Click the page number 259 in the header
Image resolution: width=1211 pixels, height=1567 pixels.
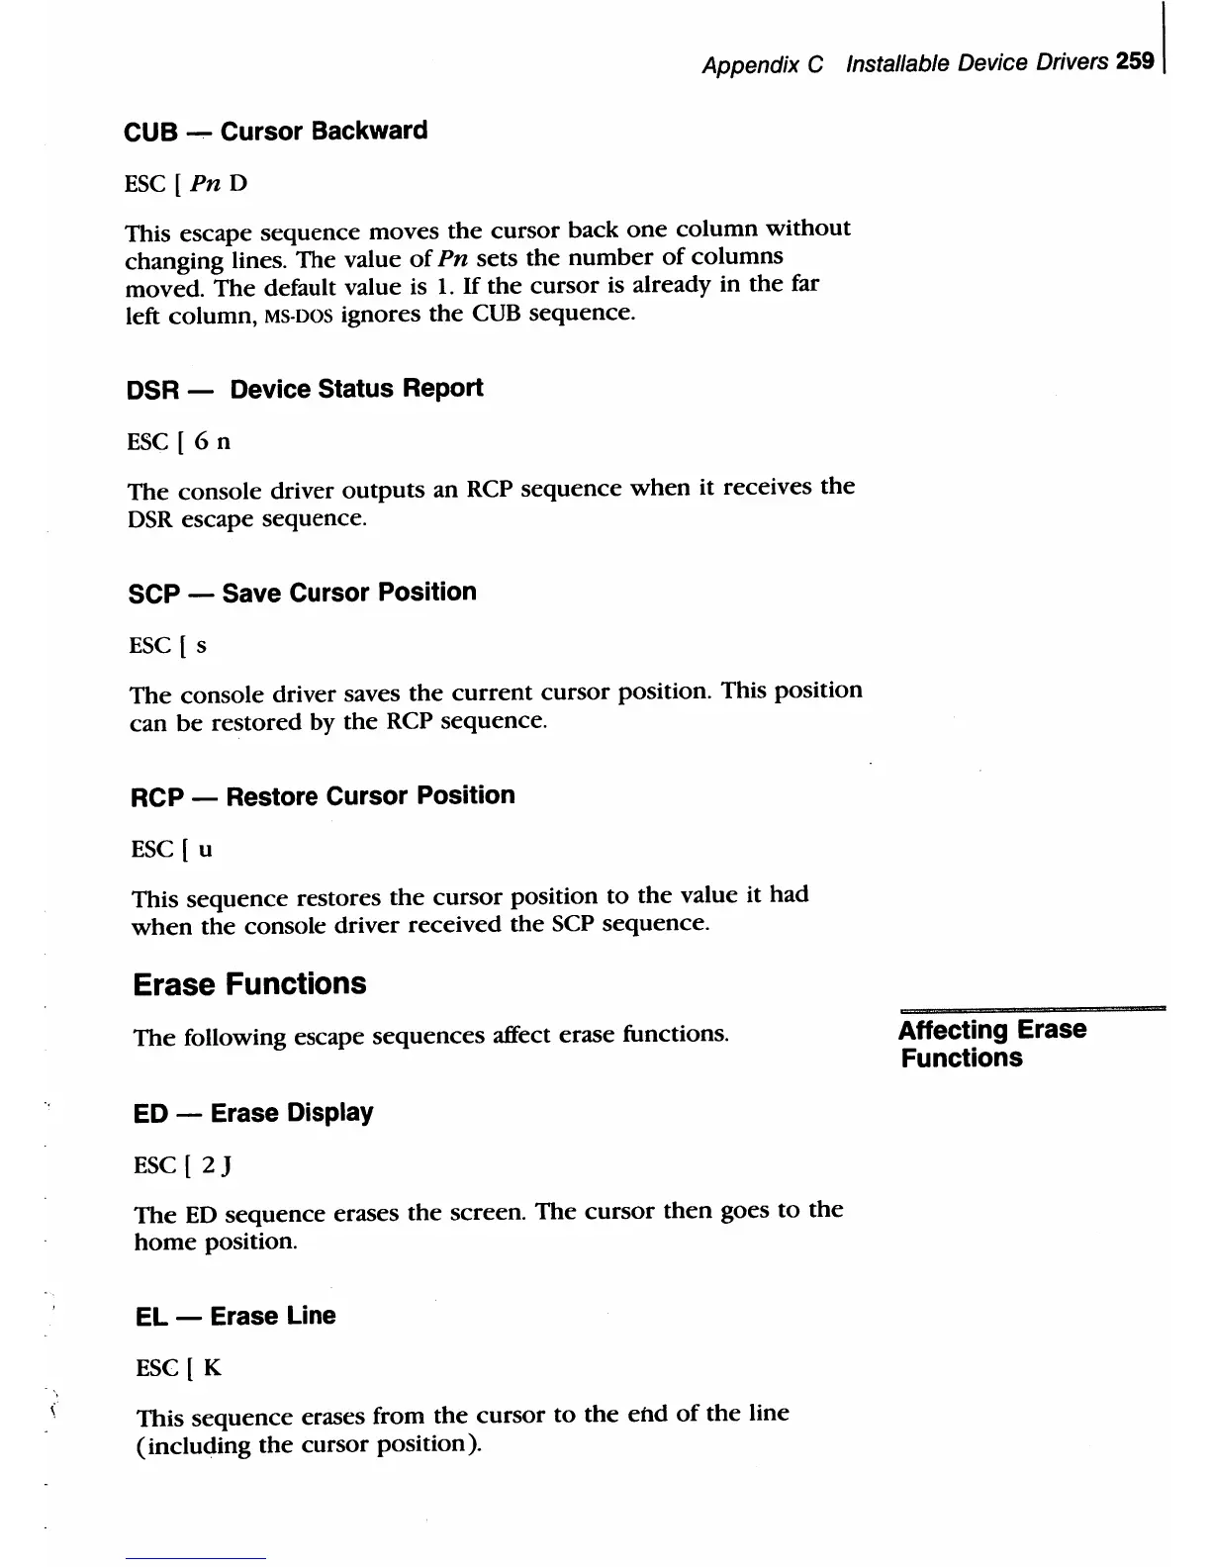click(1135, 61)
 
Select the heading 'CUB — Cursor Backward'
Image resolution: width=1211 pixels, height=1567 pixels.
click(276, 132)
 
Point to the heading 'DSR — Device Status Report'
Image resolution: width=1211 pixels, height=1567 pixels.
click(305, 389)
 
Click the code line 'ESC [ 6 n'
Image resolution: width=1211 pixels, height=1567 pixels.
click(179, 441)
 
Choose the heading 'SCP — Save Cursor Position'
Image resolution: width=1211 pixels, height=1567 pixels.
click(303, 593)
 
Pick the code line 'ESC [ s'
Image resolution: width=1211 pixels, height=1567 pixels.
click(168, 646)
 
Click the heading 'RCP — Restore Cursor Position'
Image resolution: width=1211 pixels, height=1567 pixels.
click(323, 796)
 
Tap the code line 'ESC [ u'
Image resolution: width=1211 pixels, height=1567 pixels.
click(171, 850)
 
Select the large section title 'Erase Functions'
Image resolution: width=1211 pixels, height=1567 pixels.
click(249, 984)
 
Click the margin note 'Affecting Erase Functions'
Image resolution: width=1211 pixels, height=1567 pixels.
click(992, 1044)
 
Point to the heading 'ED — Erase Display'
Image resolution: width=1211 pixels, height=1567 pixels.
click(253, 1113)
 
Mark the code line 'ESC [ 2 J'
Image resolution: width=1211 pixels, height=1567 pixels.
click(183, 1165)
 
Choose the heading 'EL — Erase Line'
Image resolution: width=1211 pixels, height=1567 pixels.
click(235, 1317)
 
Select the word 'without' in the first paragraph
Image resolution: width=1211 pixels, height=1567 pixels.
click(807, 229)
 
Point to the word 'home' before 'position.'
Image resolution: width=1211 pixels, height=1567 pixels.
click(165, 1242)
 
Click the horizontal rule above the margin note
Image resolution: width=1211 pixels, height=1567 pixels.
click(1032, 1008)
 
